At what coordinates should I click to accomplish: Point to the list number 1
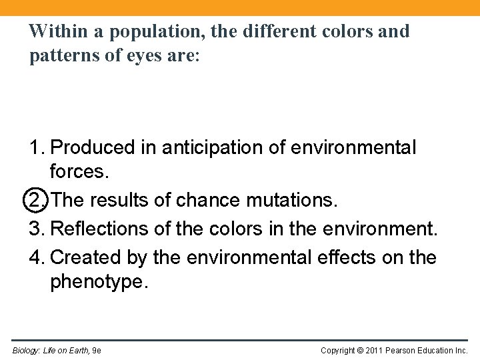point(35,147)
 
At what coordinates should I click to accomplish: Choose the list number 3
point(35,229)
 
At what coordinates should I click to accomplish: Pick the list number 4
point(35,257)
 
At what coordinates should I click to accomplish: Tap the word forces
point(79,172)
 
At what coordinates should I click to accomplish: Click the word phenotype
point(97,282)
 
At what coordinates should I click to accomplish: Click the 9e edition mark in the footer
point(97,350)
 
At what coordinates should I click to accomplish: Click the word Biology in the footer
point(25,350)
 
